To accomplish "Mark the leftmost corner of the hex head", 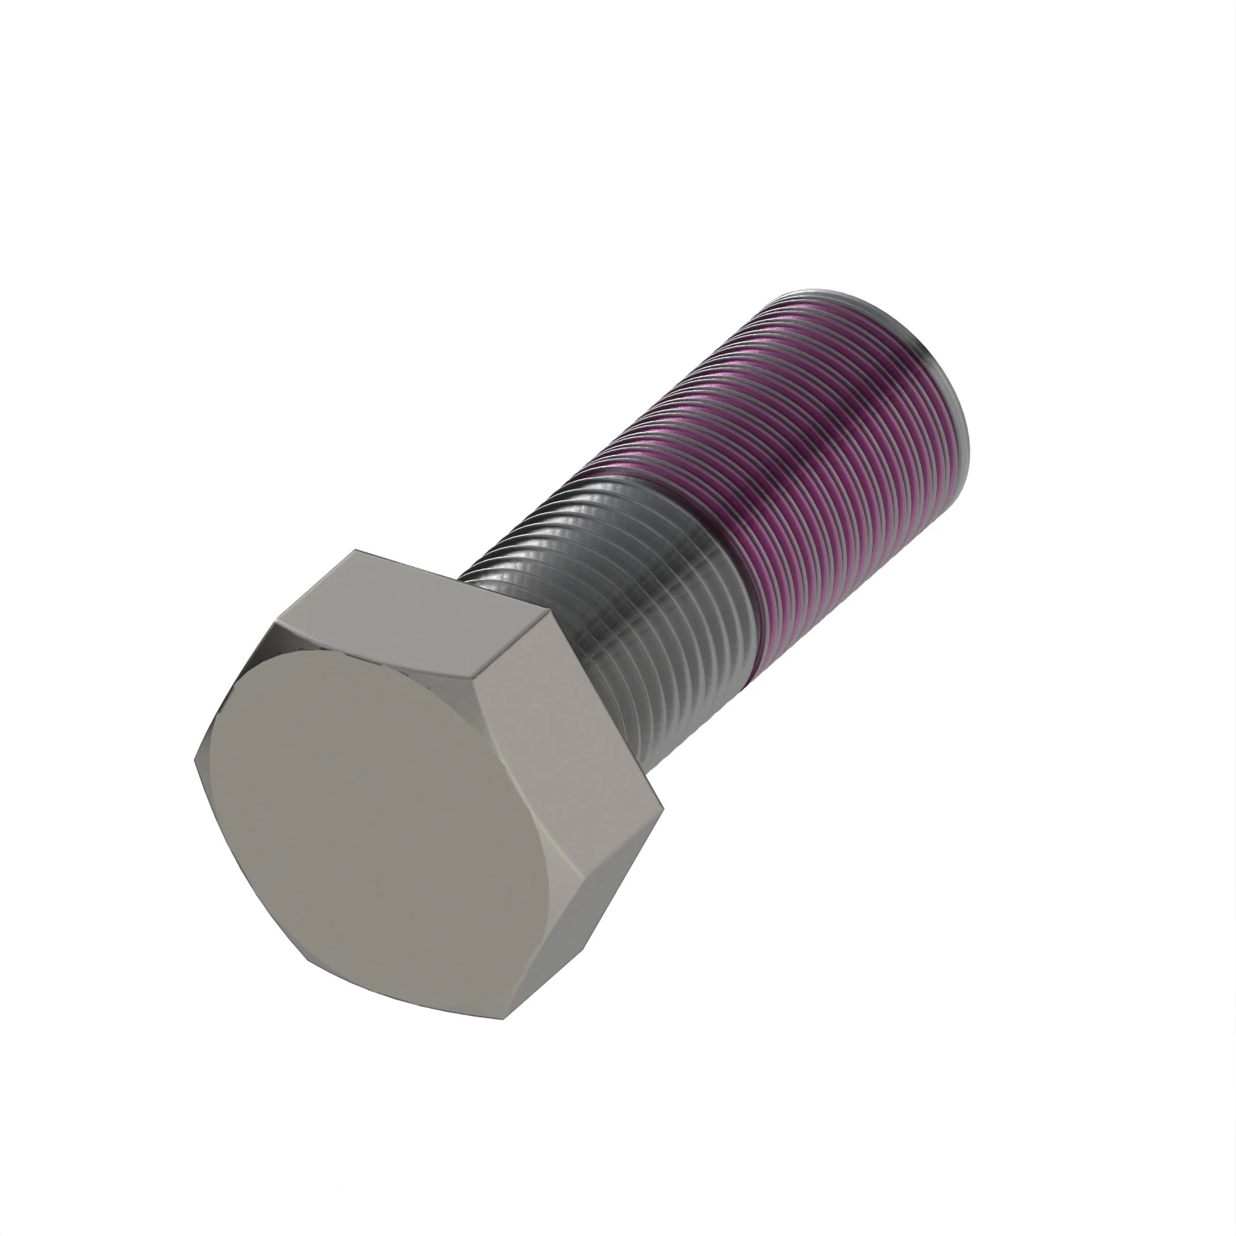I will click(x=194, y=761).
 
